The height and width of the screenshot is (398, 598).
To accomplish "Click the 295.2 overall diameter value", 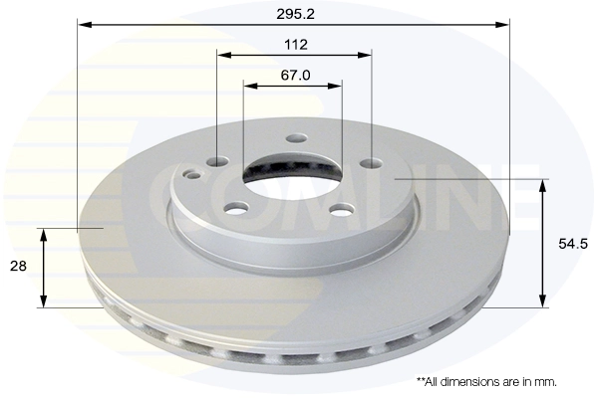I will click(294, 14).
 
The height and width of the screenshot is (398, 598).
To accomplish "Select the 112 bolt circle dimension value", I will click(294, 45).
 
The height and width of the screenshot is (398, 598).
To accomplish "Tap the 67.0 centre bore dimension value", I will click(294, 75).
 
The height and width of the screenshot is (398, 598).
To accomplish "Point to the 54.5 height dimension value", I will click(569, 244).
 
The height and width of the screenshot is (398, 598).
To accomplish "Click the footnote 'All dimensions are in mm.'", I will click(486, 381).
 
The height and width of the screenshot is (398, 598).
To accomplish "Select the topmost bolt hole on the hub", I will click(295, 140).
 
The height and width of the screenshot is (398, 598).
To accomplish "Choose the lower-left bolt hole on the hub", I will click(235, 208).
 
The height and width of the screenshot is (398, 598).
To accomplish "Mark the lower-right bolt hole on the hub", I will click(342, 208).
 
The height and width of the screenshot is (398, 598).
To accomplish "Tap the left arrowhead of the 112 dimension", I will click(223, 56).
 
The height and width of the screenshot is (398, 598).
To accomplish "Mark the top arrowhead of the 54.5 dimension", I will click(543, 185).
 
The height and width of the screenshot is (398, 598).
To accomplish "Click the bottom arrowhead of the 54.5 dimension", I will click(543, 301).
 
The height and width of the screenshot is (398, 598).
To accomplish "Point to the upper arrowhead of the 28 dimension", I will click(43, 234).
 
